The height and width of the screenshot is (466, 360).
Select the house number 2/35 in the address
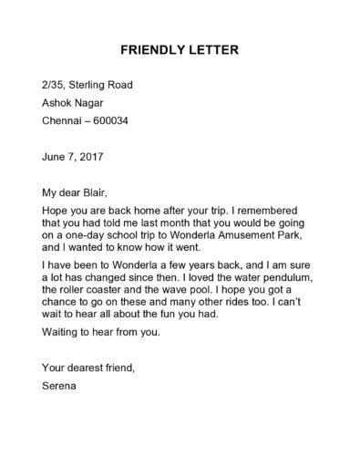point(55,85)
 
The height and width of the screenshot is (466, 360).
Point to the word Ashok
point(58,102)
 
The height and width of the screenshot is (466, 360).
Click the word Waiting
point(61,331)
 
